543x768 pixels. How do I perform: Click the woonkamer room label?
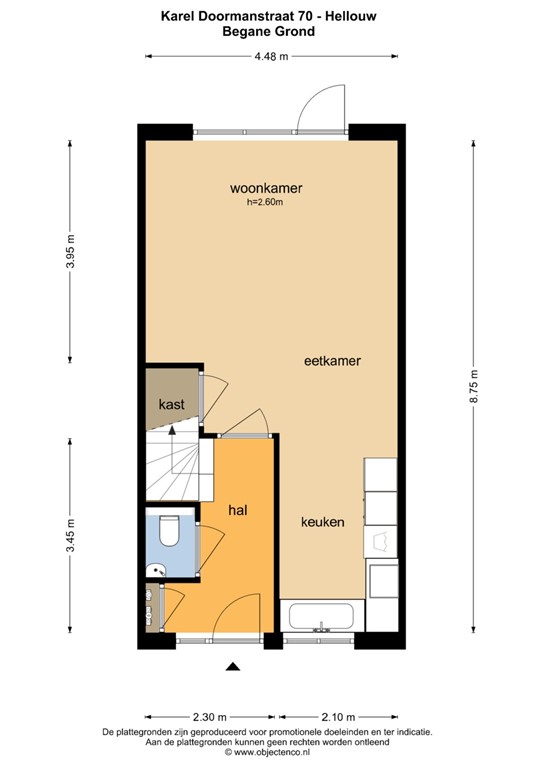tap(266, 188)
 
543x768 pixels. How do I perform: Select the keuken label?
tap(323, 522)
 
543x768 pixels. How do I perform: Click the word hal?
tap(238, 510)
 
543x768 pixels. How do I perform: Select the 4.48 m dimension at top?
tap(270, 56)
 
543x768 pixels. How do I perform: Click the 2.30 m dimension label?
tap(211, 717)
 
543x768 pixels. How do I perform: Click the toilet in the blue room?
tap(168, 529)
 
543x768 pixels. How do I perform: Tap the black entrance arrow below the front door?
tap(233, 668)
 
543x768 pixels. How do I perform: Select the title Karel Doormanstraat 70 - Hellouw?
tap(270, 15)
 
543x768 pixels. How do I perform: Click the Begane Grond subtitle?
tap(270, 31)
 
